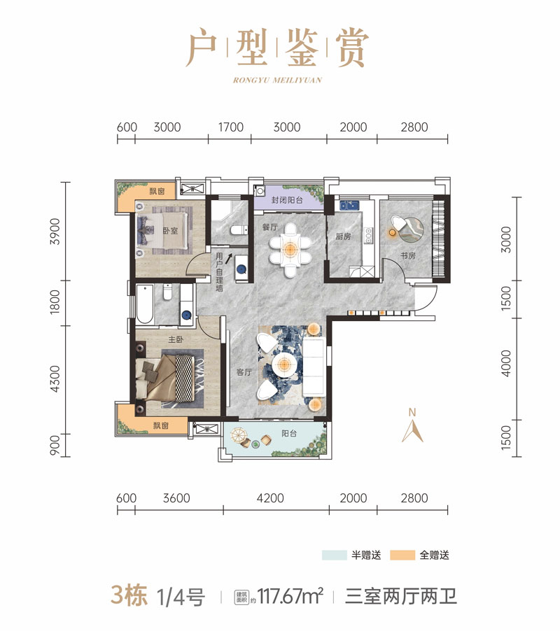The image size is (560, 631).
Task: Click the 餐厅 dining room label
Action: pos(270,227)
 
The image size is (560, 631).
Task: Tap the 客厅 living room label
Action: pos(244,372)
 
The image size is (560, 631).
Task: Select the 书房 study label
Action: pos(408,255)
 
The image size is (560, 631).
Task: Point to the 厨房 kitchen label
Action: pos(344,236)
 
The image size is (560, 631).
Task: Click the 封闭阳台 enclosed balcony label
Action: pos(287,199)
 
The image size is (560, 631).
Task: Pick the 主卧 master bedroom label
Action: pos(176,340)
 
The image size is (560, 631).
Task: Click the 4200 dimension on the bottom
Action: pos(270,498)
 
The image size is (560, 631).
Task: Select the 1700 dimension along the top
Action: pos(231,127)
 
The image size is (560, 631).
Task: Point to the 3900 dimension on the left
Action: pos(56,232)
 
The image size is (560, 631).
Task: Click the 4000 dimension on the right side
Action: pos(507,363)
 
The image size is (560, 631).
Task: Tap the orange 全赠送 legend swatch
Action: pos(402,555)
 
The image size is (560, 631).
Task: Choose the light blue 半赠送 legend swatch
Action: pos(334,555)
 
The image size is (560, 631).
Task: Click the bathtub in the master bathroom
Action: pos(144,304)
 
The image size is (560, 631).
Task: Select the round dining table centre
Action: pos(290,250)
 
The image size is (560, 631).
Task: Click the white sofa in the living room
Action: pos(314,367)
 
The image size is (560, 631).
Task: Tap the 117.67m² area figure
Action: pos(290,596)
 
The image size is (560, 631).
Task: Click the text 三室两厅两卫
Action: pos(400,596)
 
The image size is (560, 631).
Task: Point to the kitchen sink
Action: pos(349,206)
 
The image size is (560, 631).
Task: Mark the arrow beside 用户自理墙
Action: pos(228,258)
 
